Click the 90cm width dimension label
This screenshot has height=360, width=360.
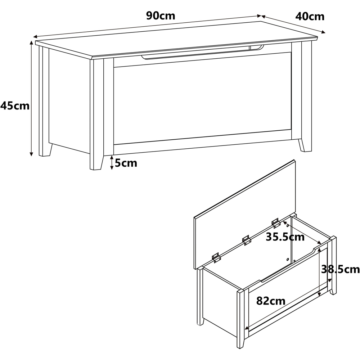161,15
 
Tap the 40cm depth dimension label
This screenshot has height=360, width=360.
310,17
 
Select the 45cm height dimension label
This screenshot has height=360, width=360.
15,106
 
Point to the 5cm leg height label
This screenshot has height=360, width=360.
126,163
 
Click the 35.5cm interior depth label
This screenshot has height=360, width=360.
285,237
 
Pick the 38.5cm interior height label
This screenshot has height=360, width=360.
340,269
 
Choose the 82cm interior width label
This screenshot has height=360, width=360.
271,301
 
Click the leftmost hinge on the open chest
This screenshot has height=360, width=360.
216,258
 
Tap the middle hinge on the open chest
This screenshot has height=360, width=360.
246,240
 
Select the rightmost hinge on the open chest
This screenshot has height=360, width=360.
275,223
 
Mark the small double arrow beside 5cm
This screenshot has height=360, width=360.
112,163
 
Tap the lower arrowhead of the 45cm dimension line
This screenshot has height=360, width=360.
31,154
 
